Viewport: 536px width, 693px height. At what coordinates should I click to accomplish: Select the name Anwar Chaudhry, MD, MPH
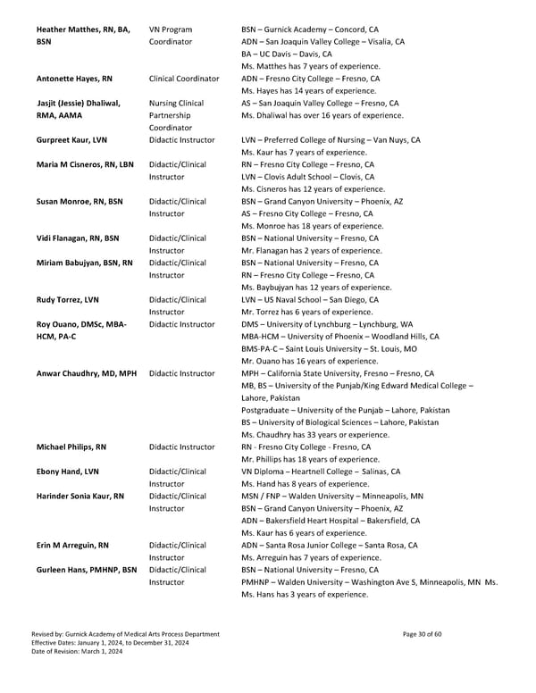[86, 372]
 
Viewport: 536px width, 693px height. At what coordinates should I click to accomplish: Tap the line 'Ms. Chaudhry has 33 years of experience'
[314, 434]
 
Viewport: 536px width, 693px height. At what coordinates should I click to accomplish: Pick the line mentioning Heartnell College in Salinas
[321, 472]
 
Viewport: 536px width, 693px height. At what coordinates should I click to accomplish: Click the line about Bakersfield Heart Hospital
[331, 521]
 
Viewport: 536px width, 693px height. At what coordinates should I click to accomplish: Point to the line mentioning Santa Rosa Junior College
[330, 545]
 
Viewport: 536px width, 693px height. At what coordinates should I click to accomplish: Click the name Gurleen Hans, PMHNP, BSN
[87, 570]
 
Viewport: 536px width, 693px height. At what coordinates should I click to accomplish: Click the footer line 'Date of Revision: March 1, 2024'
[78, 653]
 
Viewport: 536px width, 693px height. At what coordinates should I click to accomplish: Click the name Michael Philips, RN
[72, 447]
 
